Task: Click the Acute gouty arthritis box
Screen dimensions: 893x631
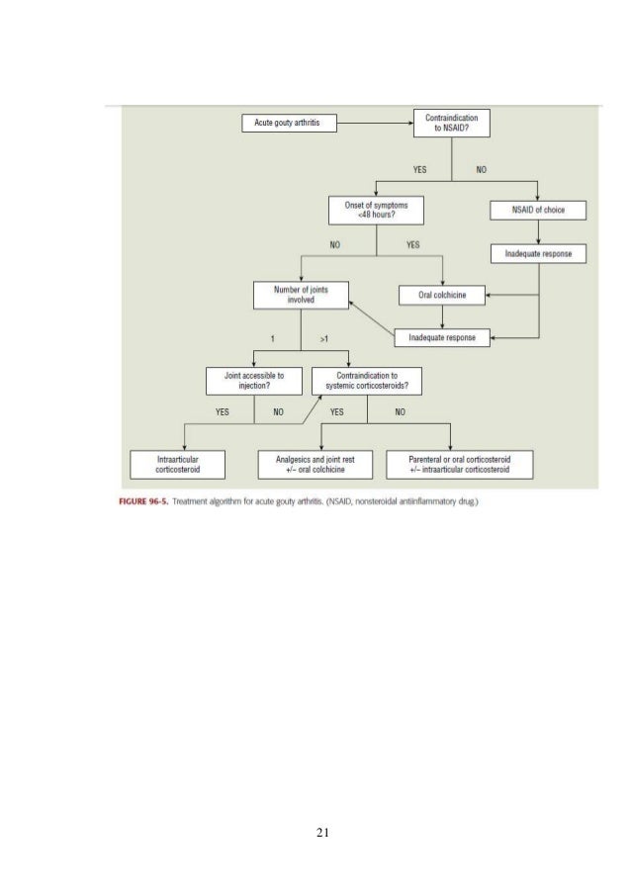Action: (x=287, y=124)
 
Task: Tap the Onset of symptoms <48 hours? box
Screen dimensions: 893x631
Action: (x=376, y=210)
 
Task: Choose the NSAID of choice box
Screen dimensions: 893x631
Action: (x=538, y=210)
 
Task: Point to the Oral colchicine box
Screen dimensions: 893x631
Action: (x=442, y=295)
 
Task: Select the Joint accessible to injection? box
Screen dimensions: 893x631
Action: (x=253, y=381)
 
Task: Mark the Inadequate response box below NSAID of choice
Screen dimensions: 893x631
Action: (x=538, y=254)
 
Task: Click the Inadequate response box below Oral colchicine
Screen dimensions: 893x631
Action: (x=442, y=337)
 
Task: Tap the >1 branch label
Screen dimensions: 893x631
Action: (x=324, y=338)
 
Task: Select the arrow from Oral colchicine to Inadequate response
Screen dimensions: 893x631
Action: (x=442, y=315)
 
